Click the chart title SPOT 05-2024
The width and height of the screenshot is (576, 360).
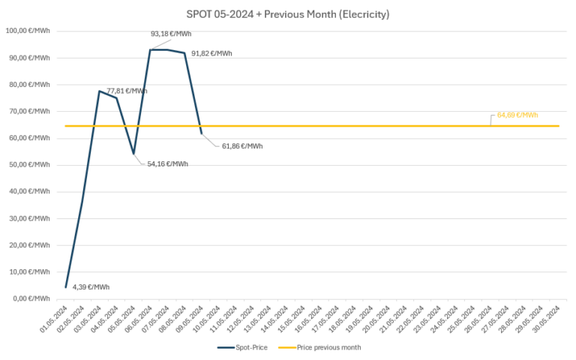(288, 14)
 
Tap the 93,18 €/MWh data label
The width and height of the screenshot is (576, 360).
(171, 34)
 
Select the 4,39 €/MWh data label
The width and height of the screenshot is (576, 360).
(91, 287)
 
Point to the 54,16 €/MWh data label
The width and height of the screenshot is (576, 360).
(167, 163)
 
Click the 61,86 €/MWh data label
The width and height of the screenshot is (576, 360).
(242, 145)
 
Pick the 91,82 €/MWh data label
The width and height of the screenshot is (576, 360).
(211, 53)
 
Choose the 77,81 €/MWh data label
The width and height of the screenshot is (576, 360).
(127, 91)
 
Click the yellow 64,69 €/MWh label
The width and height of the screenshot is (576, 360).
(517, 115)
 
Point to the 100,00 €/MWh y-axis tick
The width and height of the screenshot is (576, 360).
(27, 31)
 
